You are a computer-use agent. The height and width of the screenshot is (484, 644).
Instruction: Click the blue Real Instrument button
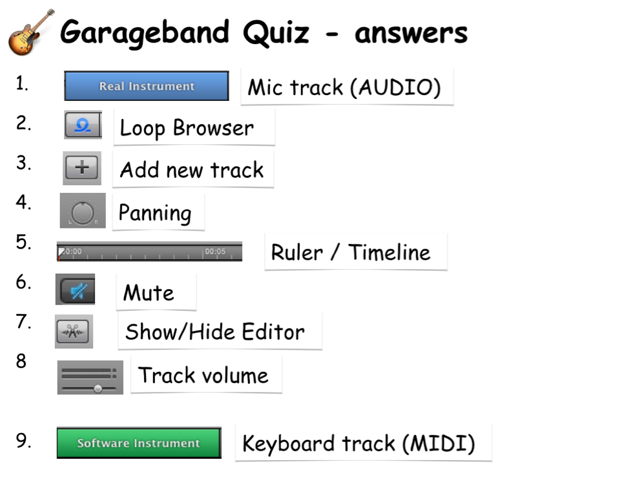[x=146, y=86]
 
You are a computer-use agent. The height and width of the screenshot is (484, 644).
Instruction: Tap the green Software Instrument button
[x=139, y=443]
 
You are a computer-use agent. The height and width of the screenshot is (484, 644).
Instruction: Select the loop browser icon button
[x=83, y=125]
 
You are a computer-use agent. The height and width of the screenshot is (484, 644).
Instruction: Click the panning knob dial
[x=83, y=213]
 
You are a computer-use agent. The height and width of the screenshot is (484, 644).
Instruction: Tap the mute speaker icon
[x=78, y=291]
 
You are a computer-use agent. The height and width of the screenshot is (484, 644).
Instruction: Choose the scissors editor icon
[x=73, y=331]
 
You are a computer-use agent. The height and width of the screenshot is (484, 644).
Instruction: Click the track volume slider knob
[x=98, y=388]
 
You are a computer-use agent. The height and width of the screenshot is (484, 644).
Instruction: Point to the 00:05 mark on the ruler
[x=215, y=251]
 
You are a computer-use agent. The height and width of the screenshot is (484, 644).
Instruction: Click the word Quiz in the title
[x=276, y=32]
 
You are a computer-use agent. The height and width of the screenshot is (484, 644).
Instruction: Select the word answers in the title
[x=411, y=34]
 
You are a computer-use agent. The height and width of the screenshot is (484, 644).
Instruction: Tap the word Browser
[x=213, y=127]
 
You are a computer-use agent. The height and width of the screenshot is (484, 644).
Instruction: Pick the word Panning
[x=155, y=213]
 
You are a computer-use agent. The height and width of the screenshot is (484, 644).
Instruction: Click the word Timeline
[x=390, y=252]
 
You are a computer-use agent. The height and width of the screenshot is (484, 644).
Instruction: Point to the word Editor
[x=273, y=332]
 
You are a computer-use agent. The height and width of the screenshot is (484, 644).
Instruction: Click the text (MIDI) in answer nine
[x=439, y=444]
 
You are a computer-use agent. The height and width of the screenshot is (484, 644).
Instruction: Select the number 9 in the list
[x=23, y=441]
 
